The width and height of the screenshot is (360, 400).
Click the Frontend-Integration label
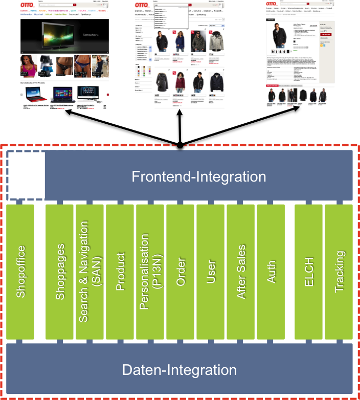(199, 177)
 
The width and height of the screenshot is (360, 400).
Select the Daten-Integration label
(179, 370)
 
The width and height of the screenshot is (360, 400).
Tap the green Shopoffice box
(20, 271)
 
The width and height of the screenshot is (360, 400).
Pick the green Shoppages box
(60, 271)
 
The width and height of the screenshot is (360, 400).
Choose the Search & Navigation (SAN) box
(90, 271)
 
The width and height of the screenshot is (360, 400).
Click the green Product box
(120, 271)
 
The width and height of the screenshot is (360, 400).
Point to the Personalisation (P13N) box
(150, 271)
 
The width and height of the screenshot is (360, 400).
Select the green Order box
(181, 271)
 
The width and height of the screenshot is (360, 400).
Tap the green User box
(211, 271)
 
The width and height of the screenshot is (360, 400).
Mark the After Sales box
(241, 271)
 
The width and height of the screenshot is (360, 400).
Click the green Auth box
(271, 271)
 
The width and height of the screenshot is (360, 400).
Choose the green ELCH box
(308, 271)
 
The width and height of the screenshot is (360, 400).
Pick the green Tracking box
(339, 271)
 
